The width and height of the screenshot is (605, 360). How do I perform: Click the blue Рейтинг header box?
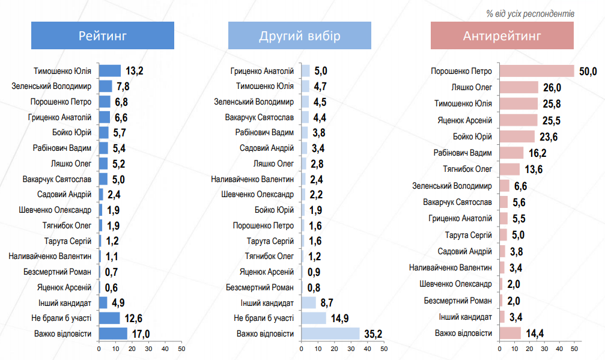click(103, 35)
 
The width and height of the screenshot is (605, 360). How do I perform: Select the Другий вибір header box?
click(300, 35)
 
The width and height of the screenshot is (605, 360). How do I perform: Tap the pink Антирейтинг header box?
click(502, 35)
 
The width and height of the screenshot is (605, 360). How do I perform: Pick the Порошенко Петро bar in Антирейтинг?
click(537, 71)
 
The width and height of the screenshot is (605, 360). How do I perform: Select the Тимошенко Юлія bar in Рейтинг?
click(110, 71)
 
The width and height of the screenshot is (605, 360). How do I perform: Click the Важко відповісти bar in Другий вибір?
click(330, 333)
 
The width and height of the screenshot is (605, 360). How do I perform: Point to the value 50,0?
click(588, 72)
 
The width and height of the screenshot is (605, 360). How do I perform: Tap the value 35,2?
click(373, 334)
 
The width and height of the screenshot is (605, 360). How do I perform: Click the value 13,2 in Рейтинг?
click(133, 72)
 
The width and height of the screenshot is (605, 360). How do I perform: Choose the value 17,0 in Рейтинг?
click(139, 334)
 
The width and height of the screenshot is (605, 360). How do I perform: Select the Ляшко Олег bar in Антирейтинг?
click(518, 87)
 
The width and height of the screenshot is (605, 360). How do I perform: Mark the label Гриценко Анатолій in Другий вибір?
click(262, 71)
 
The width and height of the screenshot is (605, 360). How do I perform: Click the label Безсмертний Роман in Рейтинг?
click(58, 271)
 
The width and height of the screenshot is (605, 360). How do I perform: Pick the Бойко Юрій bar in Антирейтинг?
click(517, 136)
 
